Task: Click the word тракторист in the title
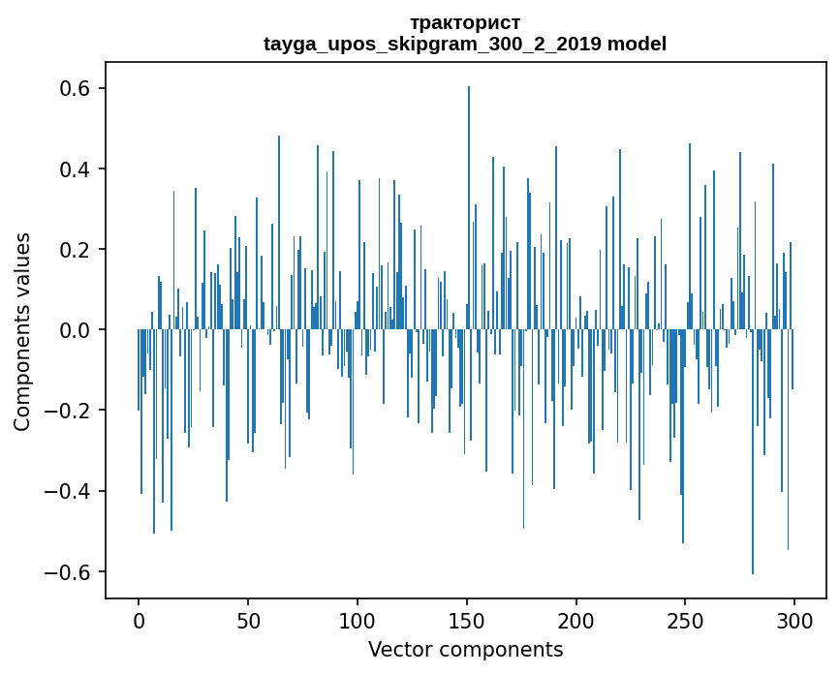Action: pos(465,22)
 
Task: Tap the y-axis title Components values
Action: pos(22,331)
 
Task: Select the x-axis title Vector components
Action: pos(465,649)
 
